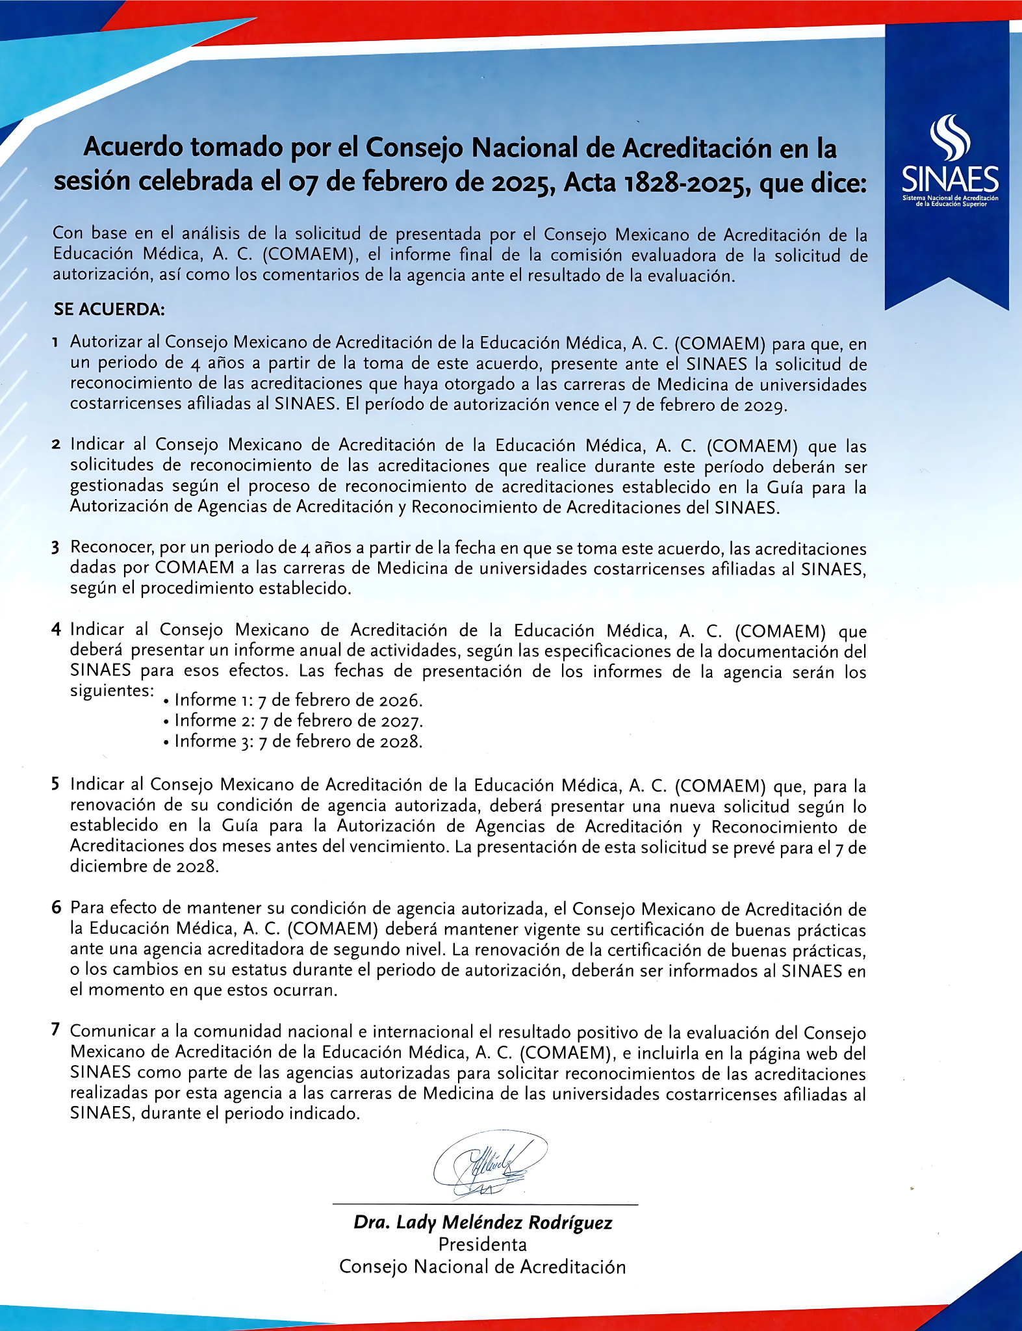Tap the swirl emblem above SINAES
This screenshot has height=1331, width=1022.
point(950,136)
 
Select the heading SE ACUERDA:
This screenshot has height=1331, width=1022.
point(109,309)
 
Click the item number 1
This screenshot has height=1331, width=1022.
point(57,342)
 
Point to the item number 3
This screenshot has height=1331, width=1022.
point(56,547)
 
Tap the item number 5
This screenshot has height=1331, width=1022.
point(56,784)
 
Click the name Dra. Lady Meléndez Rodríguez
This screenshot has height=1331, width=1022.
point(483,1222)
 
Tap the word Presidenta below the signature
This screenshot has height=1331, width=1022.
point(482,1245)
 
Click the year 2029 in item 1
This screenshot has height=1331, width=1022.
point(765,405)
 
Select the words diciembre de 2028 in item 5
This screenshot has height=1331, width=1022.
point(144,866)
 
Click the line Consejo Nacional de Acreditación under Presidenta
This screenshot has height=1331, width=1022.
point(482,1267)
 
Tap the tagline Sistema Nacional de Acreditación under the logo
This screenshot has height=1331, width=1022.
point(950,198)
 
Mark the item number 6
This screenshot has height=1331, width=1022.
point(57,907)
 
